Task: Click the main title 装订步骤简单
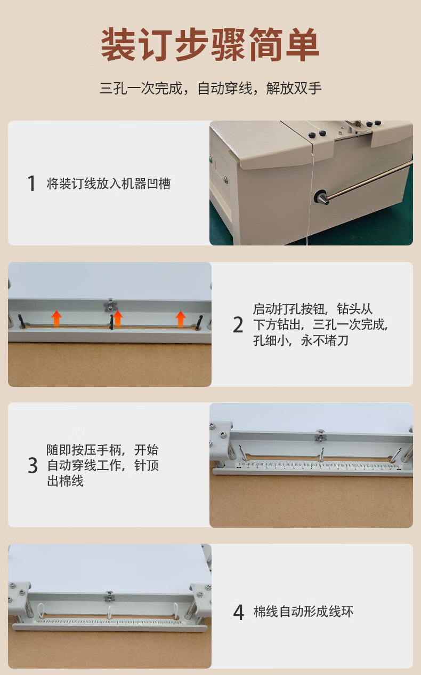210,44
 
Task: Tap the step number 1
31,183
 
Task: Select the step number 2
238,325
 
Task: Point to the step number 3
33,465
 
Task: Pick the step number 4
238,612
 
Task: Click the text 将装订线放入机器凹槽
109,184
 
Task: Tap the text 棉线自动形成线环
303,612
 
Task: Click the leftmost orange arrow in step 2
56,319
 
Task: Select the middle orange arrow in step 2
118,318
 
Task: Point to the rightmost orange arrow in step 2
181,319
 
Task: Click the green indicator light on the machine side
210,160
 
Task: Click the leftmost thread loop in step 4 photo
41,609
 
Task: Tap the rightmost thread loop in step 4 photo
175,609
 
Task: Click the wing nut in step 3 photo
320,436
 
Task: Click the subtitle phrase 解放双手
294,88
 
